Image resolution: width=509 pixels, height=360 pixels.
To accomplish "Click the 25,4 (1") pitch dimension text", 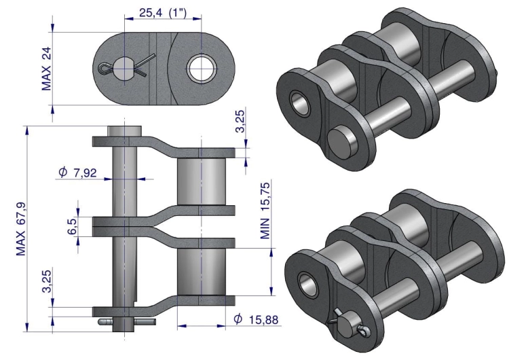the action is pyautogui.click(x=163, y=13).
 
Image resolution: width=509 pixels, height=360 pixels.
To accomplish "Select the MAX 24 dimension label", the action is pyautogui.click(x=46, y=69).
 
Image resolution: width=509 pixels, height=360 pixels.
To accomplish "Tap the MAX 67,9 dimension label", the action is pyautogui.click(x=21, y=229).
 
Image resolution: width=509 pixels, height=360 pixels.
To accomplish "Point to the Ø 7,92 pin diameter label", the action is pyautogui.click(x=77, y=173).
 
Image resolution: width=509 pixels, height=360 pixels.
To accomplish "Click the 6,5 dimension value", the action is pyautogui.click(x=72, y=226).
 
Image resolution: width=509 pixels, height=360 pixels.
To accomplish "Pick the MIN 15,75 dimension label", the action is pyautogui.click(x=265, y=211).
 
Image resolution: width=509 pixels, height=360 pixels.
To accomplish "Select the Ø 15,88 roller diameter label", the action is pyautogui.click(x=256, y=319).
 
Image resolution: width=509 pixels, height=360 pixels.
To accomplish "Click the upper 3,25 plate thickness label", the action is pyautogui.click(x=240, y=121).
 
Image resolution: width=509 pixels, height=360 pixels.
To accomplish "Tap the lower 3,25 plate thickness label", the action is pyautogui.click(x=47, y=281).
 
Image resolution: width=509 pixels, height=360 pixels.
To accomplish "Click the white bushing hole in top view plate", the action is pyautogui.click(x=202, y=69).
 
